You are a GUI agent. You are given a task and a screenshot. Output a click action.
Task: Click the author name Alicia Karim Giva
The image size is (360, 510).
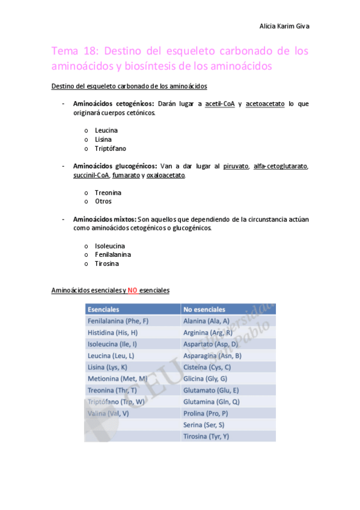(284, 26)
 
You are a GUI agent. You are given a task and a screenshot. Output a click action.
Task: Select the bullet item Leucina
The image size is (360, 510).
(106, 131)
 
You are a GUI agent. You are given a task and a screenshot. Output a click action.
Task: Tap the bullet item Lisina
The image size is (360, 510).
(103, 140)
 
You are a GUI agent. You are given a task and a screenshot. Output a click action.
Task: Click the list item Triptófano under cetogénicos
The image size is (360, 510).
(110, 149)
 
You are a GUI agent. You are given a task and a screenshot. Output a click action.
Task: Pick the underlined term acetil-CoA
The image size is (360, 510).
(219, 103)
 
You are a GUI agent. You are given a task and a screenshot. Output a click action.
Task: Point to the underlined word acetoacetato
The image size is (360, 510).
(264, 103)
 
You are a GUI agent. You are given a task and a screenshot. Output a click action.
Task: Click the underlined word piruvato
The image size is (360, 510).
(236, 166)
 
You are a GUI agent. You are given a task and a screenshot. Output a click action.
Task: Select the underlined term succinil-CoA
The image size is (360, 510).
(91, 175)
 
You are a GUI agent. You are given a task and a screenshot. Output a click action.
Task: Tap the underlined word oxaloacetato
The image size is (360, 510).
(166, 175)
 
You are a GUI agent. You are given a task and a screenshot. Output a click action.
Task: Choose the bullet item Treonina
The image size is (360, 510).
(108, 193)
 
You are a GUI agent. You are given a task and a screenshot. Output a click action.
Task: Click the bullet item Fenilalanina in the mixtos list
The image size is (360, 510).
(112, 255)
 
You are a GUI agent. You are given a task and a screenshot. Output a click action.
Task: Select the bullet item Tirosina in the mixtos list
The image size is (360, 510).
(106, 264)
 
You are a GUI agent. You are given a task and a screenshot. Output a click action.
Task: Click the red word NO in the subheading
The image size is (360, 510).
(133, 290)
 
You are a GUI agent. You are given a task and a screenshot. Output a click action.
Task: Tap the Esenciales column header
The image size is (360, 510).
(103, 309)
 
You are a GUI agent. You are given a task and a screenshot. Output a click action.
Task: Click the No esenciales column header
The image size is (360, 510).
(204, 309)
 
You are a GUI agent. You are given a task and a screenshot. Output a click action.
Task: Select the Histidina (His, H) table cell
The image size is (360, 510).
(112, 333)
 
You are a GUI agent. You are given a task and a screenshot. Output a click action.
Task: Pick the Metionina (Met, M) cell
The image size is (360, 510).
(117, 378)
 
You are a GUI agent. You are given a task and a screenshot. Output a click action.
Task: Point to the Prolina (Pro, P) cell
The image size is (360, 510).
(206, 413)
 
